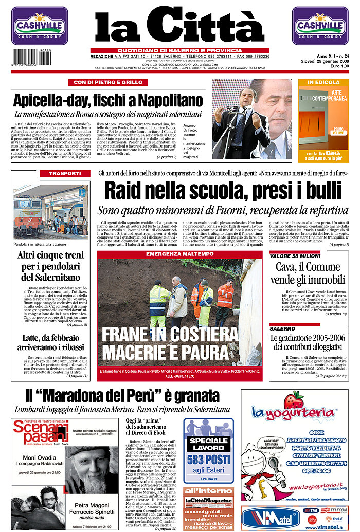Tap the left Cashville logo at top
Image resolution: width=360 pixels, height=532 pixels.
[40, 26]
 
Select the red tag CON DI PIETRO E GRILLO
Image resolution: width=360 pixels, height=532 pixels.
[104, 82]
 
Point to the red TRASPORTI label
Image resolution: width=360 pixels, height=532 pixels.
[65, 174]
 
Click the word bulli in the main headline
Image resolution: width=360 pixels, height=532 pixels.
[315, 191]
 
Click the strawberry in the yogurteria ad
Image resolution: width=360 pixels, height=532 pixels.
[294, 400]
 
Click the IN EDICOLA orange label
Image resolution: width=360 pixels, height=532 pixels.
[323, 82]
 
